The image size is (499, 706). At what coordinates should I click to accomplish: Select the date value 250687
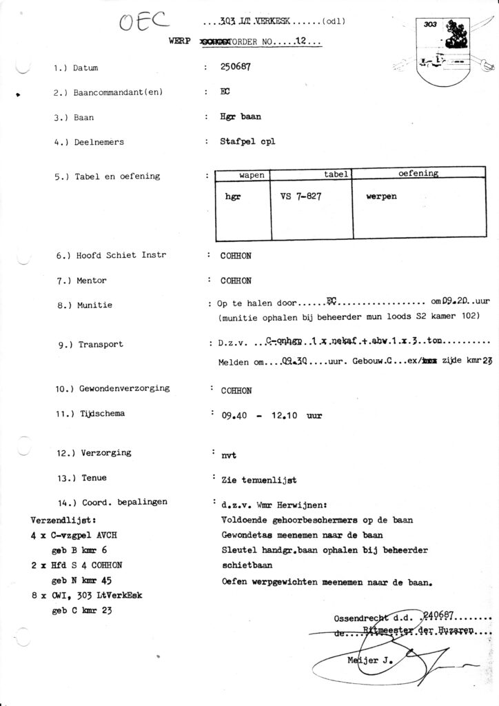click(x=235, y=68)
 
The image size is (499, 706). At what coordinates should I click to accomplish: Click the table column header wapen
click(x=252, y=175)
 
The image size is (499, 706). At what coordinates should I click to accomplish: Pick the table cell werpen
click(x=382, y=196)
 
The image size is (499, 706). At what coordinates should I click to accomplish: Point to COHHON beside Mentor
click(x=236, y=281)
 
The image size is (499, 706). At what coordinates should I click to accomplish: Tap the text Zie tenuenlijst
click(x=255, y=478)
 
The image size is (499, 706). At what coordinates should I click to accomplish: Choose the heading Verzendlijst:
click(x=64, y=519)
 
